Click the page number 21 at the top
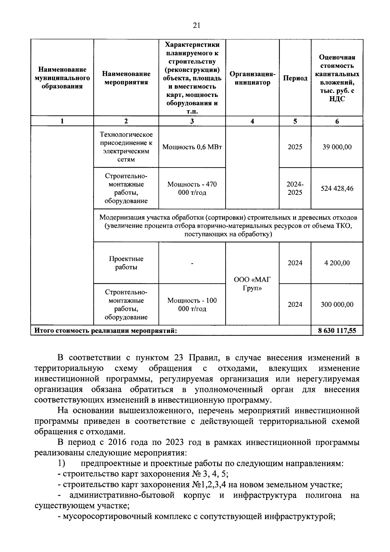point(196,26)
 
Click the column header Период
point(295,78)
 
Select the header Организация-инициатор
point(252,78)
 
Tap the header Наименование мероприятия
point(126,78)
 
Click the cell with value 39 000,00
point(337,147)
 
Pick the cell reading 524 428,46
point(337,188)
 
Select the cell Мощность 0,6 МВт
point(192,147)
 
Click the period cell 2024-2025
point(295,188)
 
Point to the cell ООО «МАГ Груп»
point(252,284)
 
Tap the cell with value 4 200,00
point(337,263)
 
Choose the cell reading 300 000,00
point(337,304)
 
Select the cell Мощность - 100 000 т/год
point(192,304)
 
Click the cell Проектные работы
point(126,263)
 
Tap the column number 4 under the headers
point(252,121)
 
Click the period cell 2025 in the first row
point(295,147)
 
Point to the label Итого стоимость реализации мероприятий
point(106,331)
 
